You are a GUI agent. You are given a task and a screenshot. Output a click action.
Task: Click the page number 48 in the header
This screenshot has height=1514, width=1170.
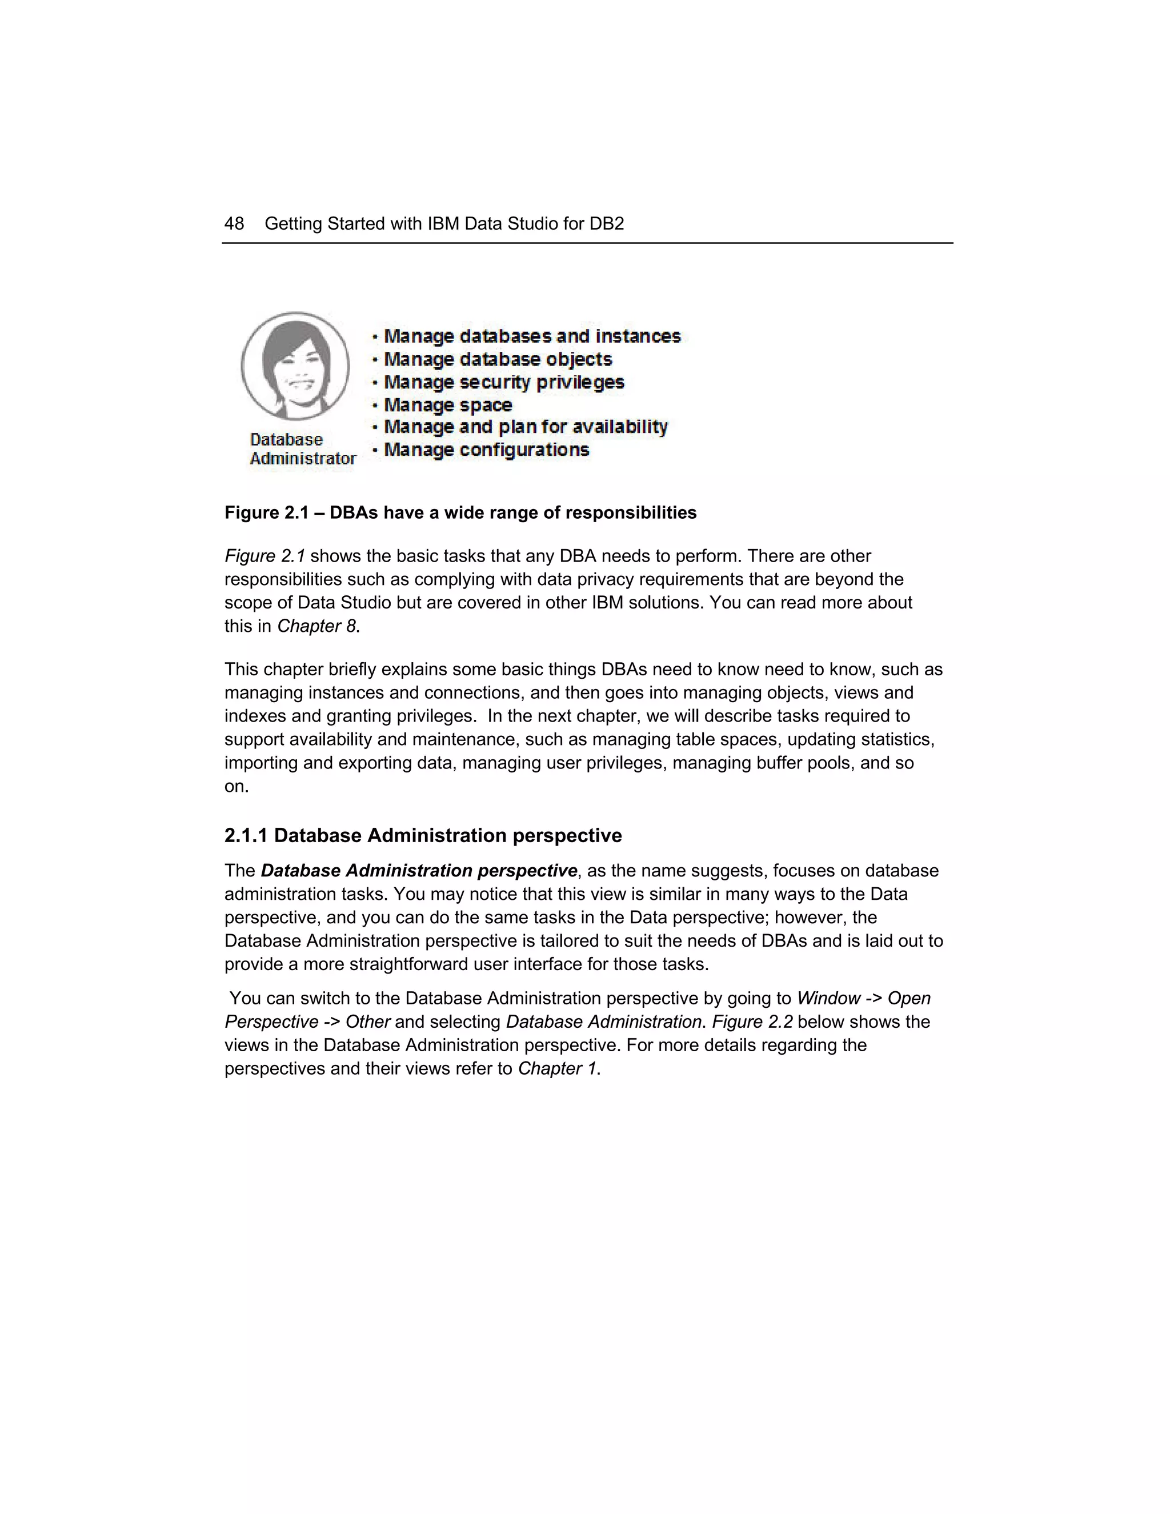pyautogui.click(x=234, y=224)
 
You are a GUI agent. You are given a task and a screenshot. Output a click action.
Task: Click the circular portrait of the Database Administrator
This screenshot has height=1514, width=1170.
pyautogui.click(x=295, y=366)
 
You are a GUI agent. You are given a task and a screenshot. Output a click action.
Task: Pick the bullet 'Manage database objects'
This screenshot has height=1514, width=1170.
pyautogui.click(x=498, y=359)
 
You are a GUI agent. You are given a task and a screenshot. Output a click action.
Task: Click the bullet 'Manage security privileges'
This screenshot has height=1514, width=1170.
pyautogui.click(x=504, y=382)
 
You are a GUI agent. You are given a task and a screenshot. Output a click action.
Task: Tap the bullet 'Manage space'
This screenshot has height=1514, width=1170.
pyautogui.click(x=448, y=405)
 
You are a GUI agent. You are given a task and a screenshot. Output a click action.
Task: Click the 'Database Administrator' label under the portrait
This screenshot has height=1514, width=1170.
pyautogui.click(x=302, y=449)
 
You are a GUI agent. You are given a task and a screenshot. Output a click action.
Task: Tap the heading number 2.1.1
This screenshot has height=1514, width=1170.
pyautogui.click(x=245, y=835)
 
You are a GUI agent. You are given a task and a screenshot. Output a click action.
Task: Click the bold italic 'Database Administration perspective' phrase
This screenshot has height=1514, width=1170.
pyautogui.click(x=419, y=871)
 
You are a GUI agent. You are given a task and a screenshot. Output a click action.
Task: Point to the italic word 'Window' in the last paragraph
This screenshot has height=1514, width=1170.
pyautogui.click(x=828, y=998)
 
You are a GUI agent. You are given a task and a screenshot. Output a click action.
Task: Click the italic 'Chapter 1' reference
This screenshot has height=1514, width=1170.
pyautogui.click(x=556, y=1068)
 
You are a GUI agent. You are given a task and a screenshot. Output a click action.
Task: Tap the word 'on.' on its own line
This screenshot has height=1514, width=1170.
pyautogui.click(x=237, y=787)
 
